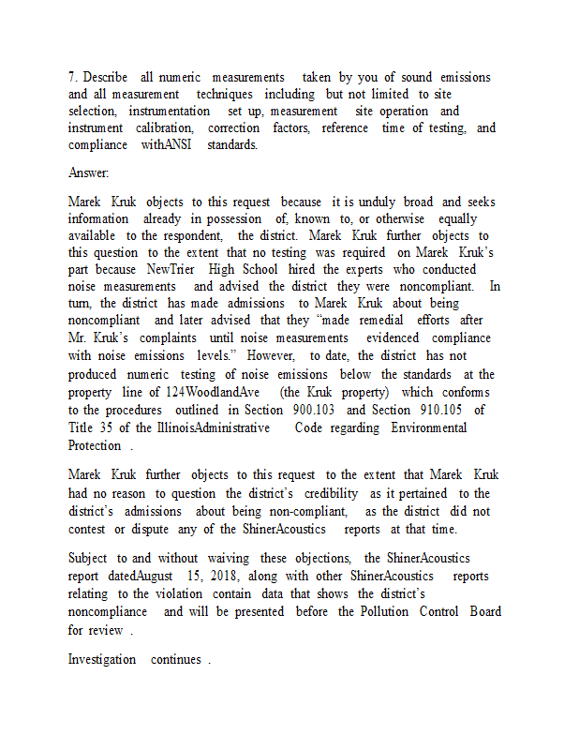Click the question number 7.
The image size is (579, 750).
coord(72,77)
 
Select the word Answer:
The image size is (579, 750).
coord(88,173)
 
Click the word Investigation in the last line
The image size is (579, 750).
coord(102,659)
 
